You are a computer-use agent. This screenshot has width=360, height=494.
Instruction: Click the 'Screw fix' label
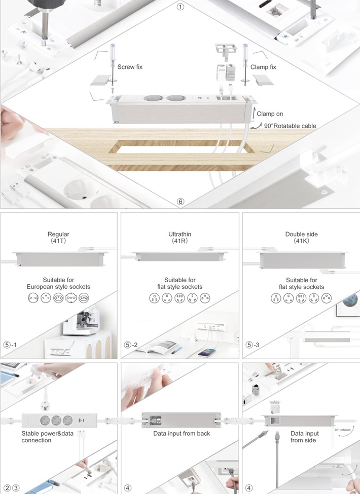[130, 67]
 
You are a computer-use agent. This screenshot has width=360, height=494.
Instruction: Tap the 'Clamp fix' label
[263, 67]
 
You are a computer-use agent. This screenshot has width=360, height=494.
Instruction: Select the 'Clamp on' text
[270, 113]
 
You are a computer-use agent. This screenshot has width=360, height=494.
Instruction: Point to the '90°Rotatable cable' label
[290, 126]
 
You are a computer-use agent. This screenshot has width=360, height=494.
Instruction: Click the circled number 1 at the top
[181, 7]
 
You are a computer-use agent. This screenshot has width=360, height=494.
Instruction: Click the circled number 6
[181, 201]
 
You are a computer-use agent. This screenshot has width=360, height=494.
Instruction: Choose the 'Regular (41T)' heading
[58, 237]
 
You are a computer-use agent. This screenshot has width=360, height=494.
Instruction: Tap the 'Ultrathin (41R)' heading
[179, 237]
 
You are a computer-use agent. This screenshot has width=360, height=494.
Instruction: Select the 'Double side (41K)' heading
[301, 237]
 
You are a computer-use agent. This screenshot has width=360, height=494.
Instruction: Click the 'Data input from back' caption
[182, 434]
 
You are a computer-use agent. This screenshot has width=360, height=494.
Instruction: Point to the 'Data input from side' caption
[304, 437]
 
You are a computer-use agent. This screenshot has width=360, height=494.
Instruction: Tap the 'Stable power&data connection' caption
[47, 437]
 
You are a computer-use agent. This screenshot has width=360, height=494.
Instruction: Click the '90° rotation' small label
[343, 430]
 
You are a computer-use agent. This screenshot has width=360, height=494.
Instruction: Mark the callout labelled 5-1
[10, 345]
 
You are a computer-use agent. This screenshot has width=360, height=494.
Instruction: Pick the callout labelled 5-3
[253, 345]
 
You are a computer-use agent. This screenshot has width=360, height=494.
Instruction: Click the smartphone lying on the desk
[207, 353]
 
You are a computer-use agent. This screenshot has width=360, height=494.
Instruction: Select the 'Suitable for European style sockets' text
[58, 283]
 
